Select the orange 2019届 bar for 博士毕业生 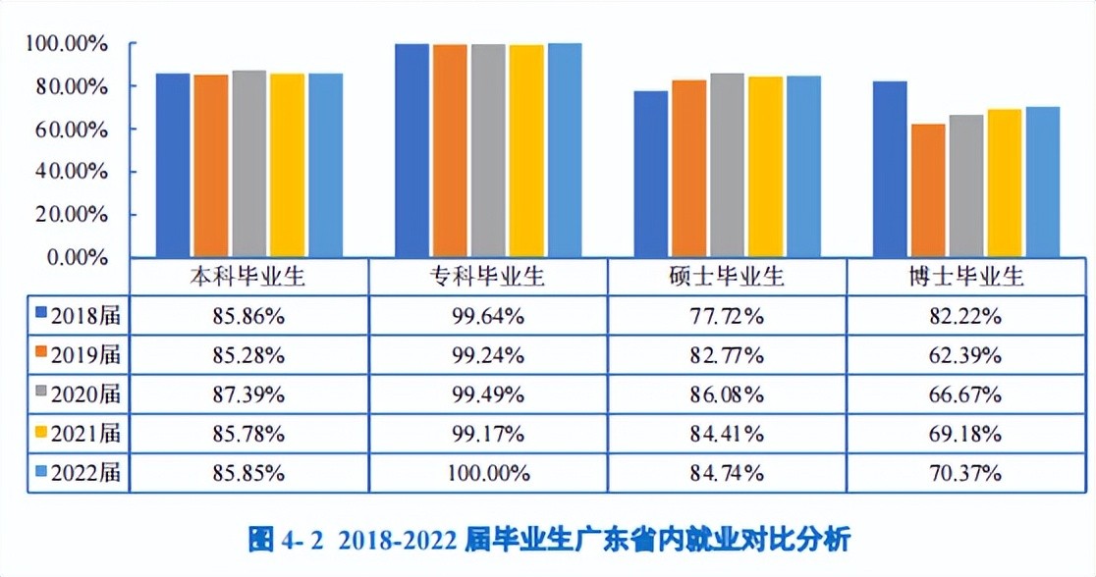(x=928, y=190)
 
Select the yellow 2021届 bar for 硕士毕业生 (x=766, y=167)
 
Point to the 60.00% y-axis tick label (x=68, y=130)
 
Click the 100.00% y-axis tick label (x=66, y=44)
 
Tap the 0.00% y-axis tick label (x=74, y=257)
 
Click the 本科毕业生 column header (x=248, y=277)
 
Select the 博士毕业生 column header (x=966, y=277)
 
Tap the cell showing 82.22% (x=966, y=316)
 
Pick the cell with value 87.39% (x=248, y=394)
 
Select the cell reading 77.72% (x=727, y=316)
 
